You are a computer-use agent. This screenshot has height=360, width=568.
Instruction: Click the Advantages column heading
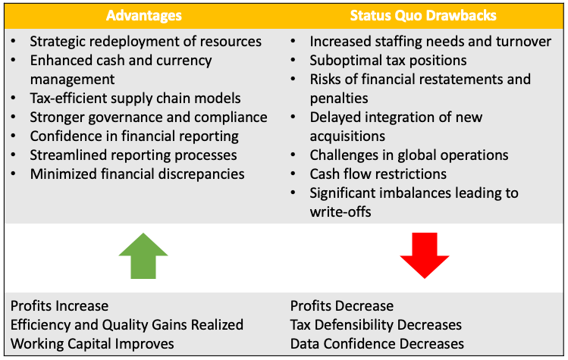click(x=143, y=15)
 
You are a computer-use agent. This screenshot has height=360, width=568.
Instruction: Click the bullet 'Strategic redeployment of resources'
click(x=146, y=42)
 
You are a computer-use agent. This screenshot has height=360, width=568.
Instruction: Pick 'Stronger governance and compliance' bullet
click(x=149, y=117)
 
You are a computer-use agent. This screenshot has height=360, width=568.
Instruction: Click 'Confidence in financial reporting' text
click(x=134, y=136)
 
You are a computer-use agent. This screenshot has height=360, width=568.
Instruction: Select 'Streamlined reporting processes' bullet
click(x=133, y=155)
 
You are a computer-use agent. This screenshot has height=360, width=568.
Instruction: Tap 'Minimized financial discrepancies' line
click(x=137, y=174)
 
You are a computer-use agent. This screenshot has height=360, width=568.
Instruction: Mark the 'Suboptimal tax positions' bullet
click(x=388, y=60)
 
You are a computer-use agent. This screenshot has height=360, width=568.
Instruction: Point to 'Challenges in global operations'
click(x=409, y=155)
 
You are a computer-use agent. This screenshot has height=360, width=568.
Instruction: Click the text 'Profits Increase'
click(x=59, y=306)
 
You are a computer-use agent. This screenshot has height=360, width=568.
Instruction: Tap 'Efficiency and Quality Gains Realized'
click(x=127, y=325)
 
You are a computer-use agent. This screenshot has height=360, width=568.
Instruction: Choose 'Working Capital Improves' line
click(x=92, y=344)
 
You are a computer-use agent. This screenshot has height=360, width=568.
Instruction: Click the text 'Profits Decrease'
click(x=342, y=306)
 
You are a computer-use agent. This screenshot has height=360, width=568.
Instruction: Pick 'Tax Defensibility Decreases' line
click(x=376, y=325)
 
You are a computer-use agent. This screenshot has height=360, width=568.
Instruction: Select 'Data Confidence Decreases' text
click(x=377, y=344)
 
